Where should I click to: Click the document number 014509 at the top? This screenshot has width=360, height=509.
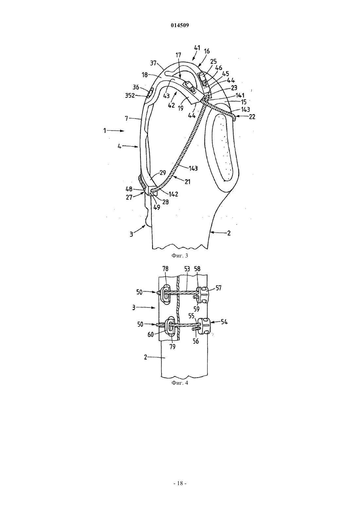pyautogui.click(x=180, y=26)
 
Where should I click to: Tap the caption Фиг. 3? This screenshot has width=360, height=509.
pyautogui.click(x=180, y=255)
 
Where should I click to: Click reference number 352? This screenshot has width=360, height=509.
pyautogui.click(x=130, y=96)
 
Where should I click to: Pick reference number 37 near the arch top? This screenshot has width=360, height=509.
pyautogui.click(x=153, y=63)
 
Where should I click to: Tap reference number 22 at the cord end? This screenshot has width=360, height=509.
pyautogui.click(x=252, y=117)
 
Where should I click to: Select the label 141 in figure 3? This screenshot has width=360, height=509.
pyautogui.click(x=240, y=96)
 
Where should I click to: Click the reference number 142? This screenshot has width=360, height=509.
pyautogui.click(x=173, y=194)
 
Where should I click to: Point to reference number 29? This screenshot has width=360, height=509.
pyautogui.click(x=163, y=172)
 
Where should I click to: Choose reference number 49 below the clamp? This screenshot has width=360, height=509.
pyautogui.click(x=156, y=207)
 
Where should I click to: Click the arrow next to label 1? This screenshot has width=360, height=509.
pyautogui.click(x=116, y=131)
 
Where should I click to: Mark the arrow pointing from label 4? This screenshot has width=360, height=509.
pyautogui.click(x=130, y=147)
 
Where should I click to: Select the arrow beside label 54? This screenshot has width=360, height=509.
pyautogui.click(x=215, y=322)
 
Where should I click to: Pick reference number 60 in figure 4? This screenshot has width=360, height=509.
pyautogui.click(x=151, y=335)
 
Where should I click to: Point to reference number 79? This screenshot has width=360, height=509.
pyautogui.click(x=172, y=347)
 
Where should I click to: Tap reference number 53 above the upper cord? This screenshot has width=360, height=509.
pyautogui.click(x=187, y=269)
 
